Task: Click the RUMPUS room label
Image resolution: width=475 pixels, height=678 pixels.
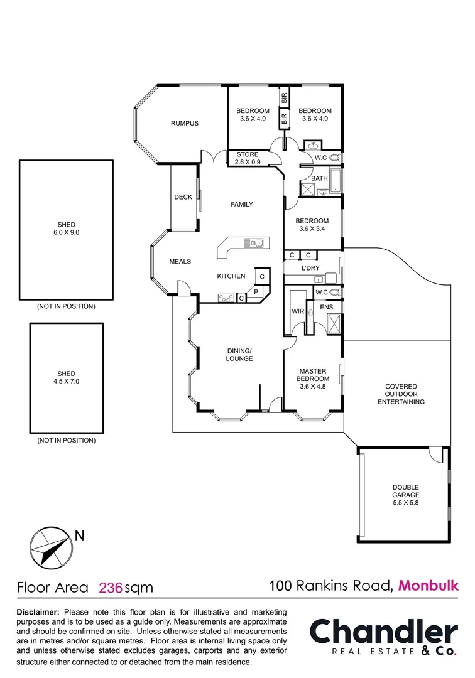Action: coord(184,123)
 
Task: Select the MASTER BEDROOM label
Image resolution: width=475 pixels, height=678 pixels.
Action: coord(314,375)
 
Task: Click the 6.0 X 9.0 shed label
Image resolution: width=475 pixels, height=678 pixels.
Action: coord(67,229)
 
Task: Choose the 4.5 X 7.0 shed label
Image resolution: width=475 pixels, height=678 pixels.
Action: coord(66,377)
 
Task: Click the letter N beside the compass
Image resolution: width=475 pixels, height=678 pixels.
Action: coord(79,535)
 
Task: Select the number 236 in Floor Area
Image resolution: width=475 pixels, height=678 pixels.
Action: coord(111,588)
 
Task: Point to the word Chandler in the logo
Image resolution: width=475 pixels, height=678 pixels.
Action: coord(384,632)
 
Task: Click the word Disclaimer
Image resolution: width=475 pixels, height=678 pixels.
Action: coord(38,611)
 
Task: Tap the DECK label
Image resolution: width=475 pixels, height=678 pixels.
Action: coord(183,197)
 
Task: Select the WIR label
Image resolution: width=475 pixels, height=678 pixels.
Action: coord(298,311)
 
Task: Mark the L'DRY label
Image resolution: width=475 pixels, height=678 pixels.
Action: coord(310,268)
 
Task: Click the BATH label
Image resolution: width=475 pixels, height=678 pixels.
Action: coord(320,178)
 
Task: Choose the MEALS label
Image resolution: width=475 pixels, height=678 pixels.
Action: coord(180,261)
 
